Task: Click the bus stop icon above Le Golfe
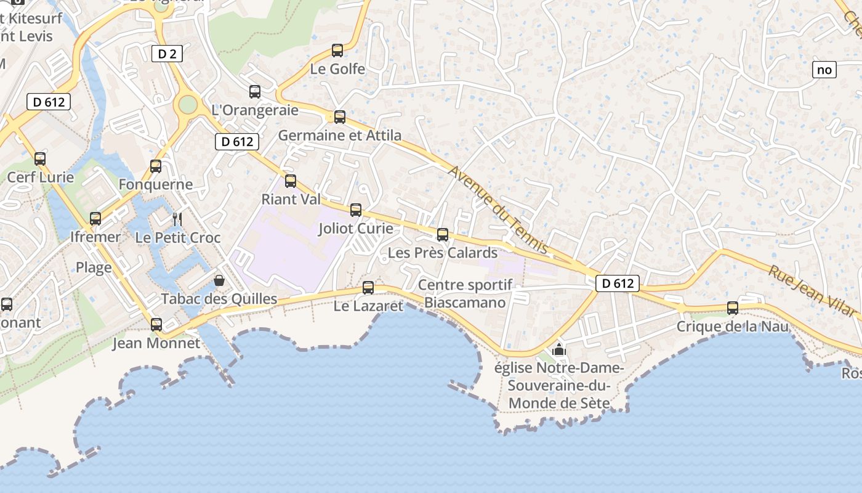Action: click(337, 51)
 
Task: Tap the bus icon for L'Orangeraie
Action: click(255, 92)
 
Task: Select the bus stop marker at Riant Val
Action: click(291, 181)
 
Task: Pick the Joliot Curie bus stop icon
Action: click(356, 210)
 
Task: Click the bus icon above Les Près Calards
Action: click(443, 235)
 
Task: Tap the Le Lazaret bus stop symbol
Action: click(368, 287)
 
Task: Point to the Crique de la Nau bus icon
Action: click(733, 308)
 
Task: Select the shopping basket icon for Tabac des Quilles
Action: click(219, 281)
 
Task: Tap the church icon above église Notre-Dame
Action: click(559, 349)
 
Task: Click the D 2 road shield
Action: click(167, 54)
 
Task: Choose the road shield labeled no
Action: click(824, 70)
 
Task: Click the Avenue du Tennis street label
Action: click(498, 210)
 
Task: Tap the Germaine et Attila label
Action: click(340, 135)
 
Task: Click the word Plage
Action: click(94, 267)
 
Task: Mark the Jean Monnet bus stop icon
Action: click(156, 325)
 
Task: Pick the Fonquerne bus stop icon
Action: click(156, 166)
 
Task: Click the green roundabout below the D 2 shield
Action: click(187, 105)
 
